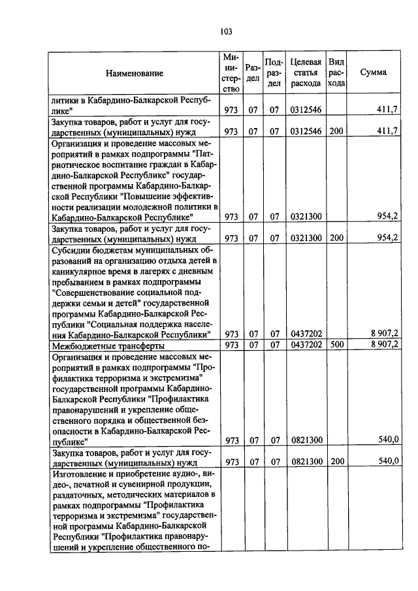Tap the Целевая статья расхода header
click(x=306, y=72)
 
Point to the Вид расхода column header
click(x=336, y=72)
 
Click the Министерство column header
click(x=231, y=72)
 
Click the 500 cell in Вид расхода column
click(x=336, y=345)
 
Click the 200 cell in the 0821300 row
click(x=336, y=461)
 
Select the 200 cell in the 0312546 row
click(x=336, y=131)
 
